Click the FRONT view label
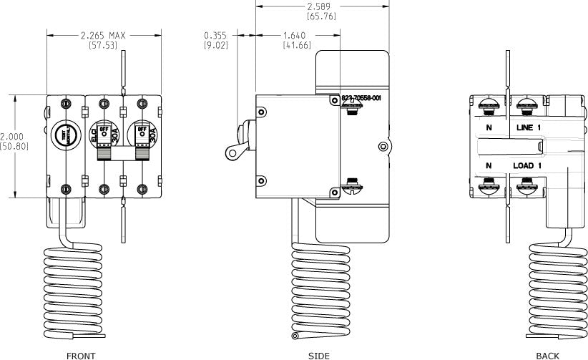[x=81, y=355]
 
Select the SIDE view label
[x=319, y=355]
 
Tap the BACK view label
[x=547, y=355]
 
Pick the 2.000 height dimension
[x=12, y=137]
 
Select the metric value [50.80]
[x=14, y=146]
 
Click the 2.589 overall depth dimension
[x=321, y=6]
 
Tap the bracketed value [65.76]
[x=321, y=16]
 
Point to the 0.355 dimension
[x=217, y=35]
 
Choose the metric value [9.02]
[x=217, y=45]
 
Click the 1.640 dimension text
[x=295, y=35]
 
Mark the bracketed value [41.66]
[x=295, y=45]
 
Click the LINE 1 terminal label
[x=531, y=127]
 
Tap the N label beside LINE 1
[x=489, y=127]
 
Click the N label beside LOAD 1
[x=489, y=166]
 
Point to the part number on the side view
[x=361, y=97]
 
